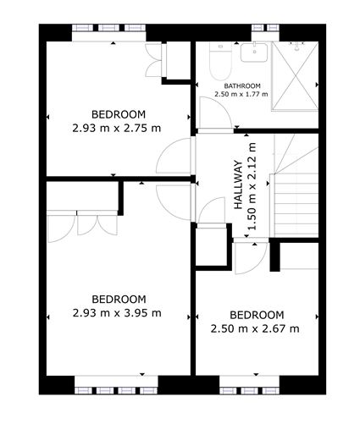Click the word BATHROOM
point(241,86)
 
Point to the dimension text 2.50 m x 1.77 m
point(241,95)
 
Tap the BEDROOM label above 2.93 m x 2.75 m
point(118,114)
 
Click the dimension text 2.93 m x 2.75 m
point(118,128)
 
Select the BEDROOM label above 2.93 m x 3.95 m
point(118,299)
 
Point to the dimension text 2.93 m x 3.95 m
point(118,312)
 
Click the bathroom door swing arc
point(208,110)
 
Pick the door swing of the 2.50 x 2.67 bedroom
point(243,258)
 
